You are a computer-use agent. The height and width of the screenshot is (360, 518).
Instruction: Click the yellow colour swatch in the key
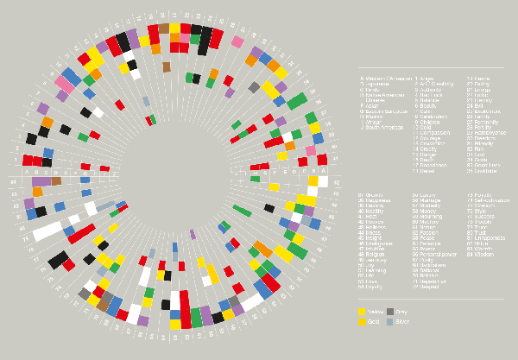[x=363, y=312]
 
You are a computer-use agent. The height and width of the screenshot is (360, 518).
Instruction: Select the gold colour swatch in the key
[x=363, y=322]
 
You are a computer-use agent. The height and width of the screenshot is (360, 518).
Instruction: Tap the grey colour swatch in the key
[x=390, y=312]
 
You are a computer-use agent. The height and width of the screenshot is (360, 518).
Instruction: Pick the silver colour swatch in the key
[x=390, y=322]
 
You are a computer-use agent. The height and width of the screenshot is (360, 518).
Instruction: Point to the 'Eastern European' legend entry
[x=385, y=111]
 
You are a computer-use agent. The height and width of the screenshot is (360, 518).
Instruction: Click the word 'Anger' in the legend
[x=426, y=79]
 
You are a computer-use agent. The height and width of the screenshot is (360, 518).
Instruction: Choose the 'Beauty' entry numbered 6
[x=426, y=105]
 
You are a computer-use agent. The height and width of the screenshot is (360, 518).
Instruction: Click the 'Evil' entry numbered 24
[x=481, y=105]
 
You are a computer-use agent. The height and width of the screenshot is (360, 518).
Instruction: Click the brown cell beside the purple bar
[x=56, y=181]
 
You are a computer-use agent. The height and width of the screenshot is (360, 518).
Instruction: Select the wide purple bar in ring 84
[x=41, y=181]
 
